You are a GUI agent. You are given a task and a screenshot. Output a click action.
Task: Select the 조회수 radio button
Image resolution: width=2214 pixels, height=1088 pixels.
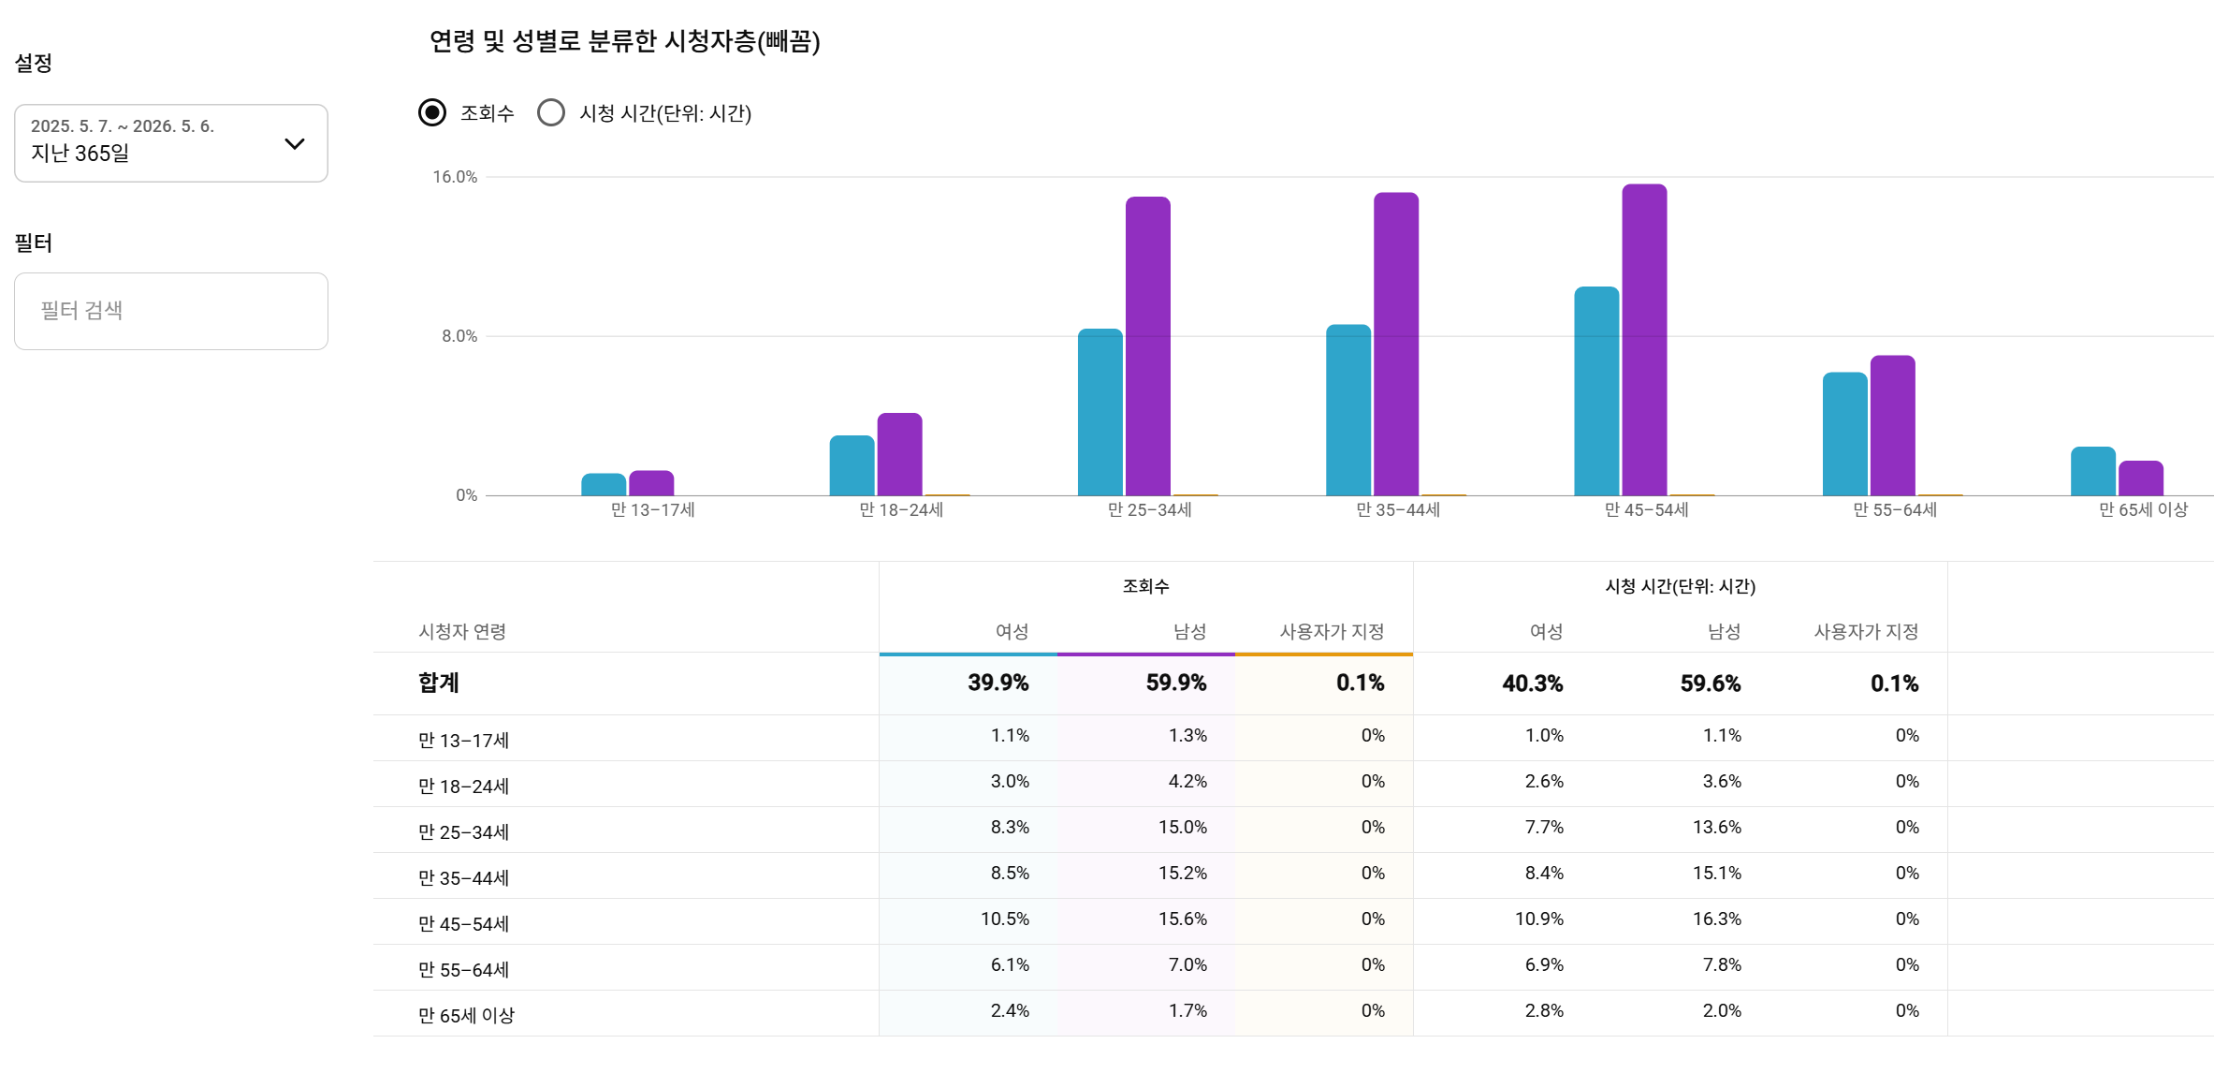[432, 113]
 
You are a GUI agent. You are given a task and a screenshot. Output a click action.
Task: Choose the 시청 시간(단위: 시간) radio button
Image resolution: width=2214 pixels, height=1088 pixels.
[551, 113]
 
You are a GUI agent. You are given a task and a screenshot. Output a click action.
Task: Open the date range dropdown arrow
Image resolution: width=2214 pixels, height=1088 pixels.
[295, 143]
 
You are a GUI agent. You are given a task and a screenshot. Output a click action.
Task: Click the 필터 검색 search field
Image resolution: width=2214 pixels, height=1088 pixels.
[171, 311]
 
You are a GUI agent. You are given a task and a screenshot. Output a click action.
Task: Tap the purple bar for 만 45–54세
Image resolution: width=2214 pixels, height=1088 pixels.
[1644, 340]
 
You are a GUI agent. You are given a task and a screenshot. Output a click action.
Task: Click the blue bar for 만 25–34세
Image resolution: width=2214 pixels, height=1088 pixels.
[1100, 412]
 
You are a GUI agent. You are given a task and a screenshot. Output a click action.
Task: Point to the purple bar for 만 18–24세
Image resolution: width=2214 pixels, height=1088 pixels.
[899, 454]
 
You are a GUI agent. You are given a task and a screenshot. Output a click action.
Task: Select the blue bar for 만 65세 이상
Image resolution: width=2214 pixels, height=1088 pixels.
[2092, 471]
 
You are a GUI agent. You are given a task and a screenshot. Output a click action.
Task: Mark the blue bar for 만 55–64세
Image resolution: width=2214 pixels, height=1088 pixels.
[1844, 434]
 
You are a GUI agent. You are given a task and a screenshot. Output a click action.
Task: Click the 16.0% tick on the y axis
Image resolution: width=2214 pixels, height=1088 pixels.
[455, 177]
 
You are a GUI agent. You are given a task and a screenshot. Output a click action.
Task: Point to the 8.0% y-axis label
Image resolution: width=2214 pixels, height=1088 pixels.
[459, 336]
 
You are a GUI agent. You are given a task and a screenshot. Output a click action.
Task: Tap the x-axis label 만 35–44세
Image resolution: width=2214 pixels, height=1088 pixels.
[1398, 509]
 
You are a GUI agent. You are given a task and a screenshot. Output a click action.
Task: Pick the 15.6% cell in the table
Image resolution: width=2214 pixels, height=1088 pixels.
[1183, 919]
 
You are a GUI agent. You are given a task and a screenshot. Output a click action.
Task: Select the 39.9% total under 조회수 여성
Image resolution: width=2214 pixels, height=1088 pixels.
[998, 683]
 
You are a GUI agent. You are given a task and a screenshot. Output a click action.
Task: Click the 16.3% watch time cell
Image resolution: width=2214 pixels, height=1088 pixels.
[1717, 919]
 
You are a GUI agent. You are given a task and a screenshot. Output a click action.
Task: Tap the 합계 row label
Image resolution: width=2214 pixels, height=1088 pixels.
[439, 683]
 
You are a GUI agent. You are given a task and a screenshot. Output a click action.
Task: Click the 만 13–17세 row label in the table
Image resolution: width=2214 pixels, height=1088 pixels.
[463, 740]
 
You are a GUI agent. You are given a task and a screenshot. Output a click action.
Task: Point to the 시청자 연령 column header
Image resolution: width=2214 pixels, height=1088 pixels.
[462, 632]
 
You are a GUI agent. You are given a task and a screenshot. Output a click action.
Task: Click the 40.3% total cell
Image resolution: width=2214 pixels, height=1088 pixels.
[1533, 684]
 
